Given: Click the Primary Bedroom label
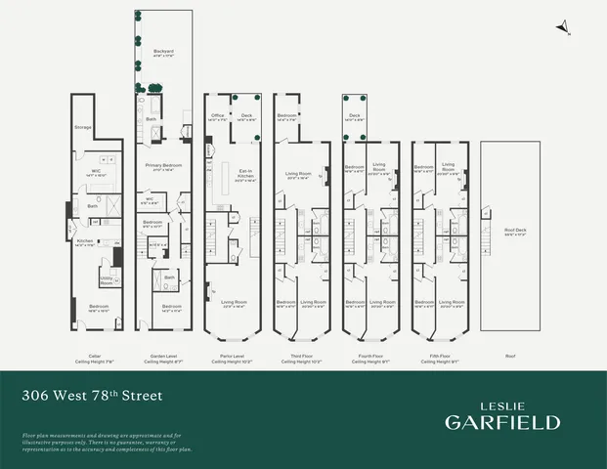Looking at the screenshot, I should tap(162, 167).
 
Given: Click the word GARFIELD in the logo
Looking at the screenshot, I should tap(502, 422).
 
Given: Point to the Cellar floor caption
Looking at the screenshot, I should tap(94, 359).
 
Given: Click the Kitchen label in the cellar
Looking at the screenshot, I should tap(85, 241).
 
